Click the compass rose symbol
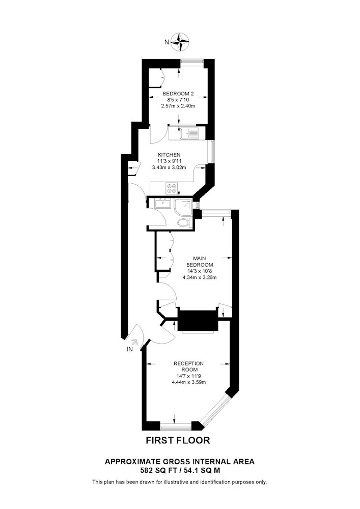180,42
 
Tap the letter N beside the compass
167,42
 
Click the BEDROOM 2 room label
178,94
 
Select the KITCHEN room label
169,155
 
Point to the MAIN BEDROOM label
199,262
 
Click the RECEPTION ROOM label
188,366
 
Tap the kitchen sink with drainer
189,133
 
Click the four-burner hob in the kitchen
172,188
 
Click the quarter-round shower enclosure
183,208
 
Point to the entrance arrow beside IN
134,342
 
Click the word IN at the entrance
130,349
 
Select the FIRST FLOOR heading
178,440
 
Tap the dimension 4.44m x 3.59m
188,382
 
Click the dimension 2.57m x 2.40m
178,106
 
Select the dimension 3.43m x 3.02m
169,167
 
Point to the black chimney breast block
198,321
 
